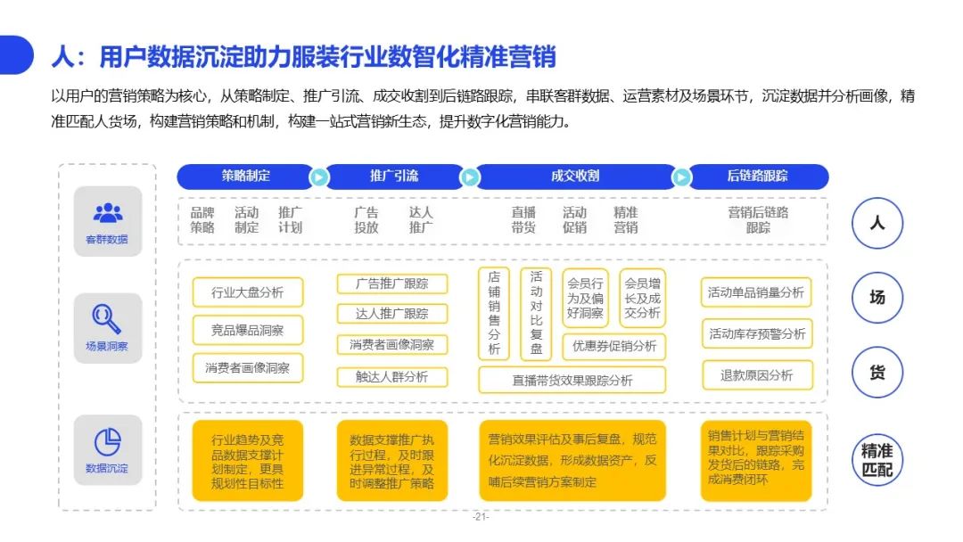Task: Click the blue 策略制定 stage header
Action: point(246,177)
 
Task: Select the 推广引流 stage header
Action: point(394,177)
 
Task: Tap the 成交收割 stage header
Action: point(575,177)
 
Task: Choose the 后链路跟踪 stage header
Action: point(758,177)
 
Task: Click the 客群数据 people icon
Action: point(108,212)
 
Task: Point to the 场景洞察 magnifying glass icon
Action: point(106,319)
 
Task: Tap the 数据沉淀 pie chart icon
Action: point(108,441)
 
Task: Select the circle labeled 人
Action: point(877,223)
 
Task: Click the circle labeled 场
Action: point(877,298)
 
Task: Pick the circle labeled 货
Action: point(877,372)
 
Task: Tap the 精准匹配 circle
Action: point(877,460)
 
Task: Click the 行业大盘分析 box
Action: point(248,292)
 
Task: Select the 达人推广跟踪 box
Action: point(391,314)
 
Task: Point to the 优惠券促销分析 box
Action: point(614,346)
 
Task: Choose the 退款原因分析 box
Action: point(757,375)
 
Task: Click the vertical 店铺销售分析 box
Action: point(494,313)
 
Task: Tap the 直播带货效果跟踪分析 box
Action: point(572,380)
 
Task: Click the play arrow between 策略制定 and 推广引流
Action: point(318,177)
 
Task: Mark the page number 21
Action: point(481,517)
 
